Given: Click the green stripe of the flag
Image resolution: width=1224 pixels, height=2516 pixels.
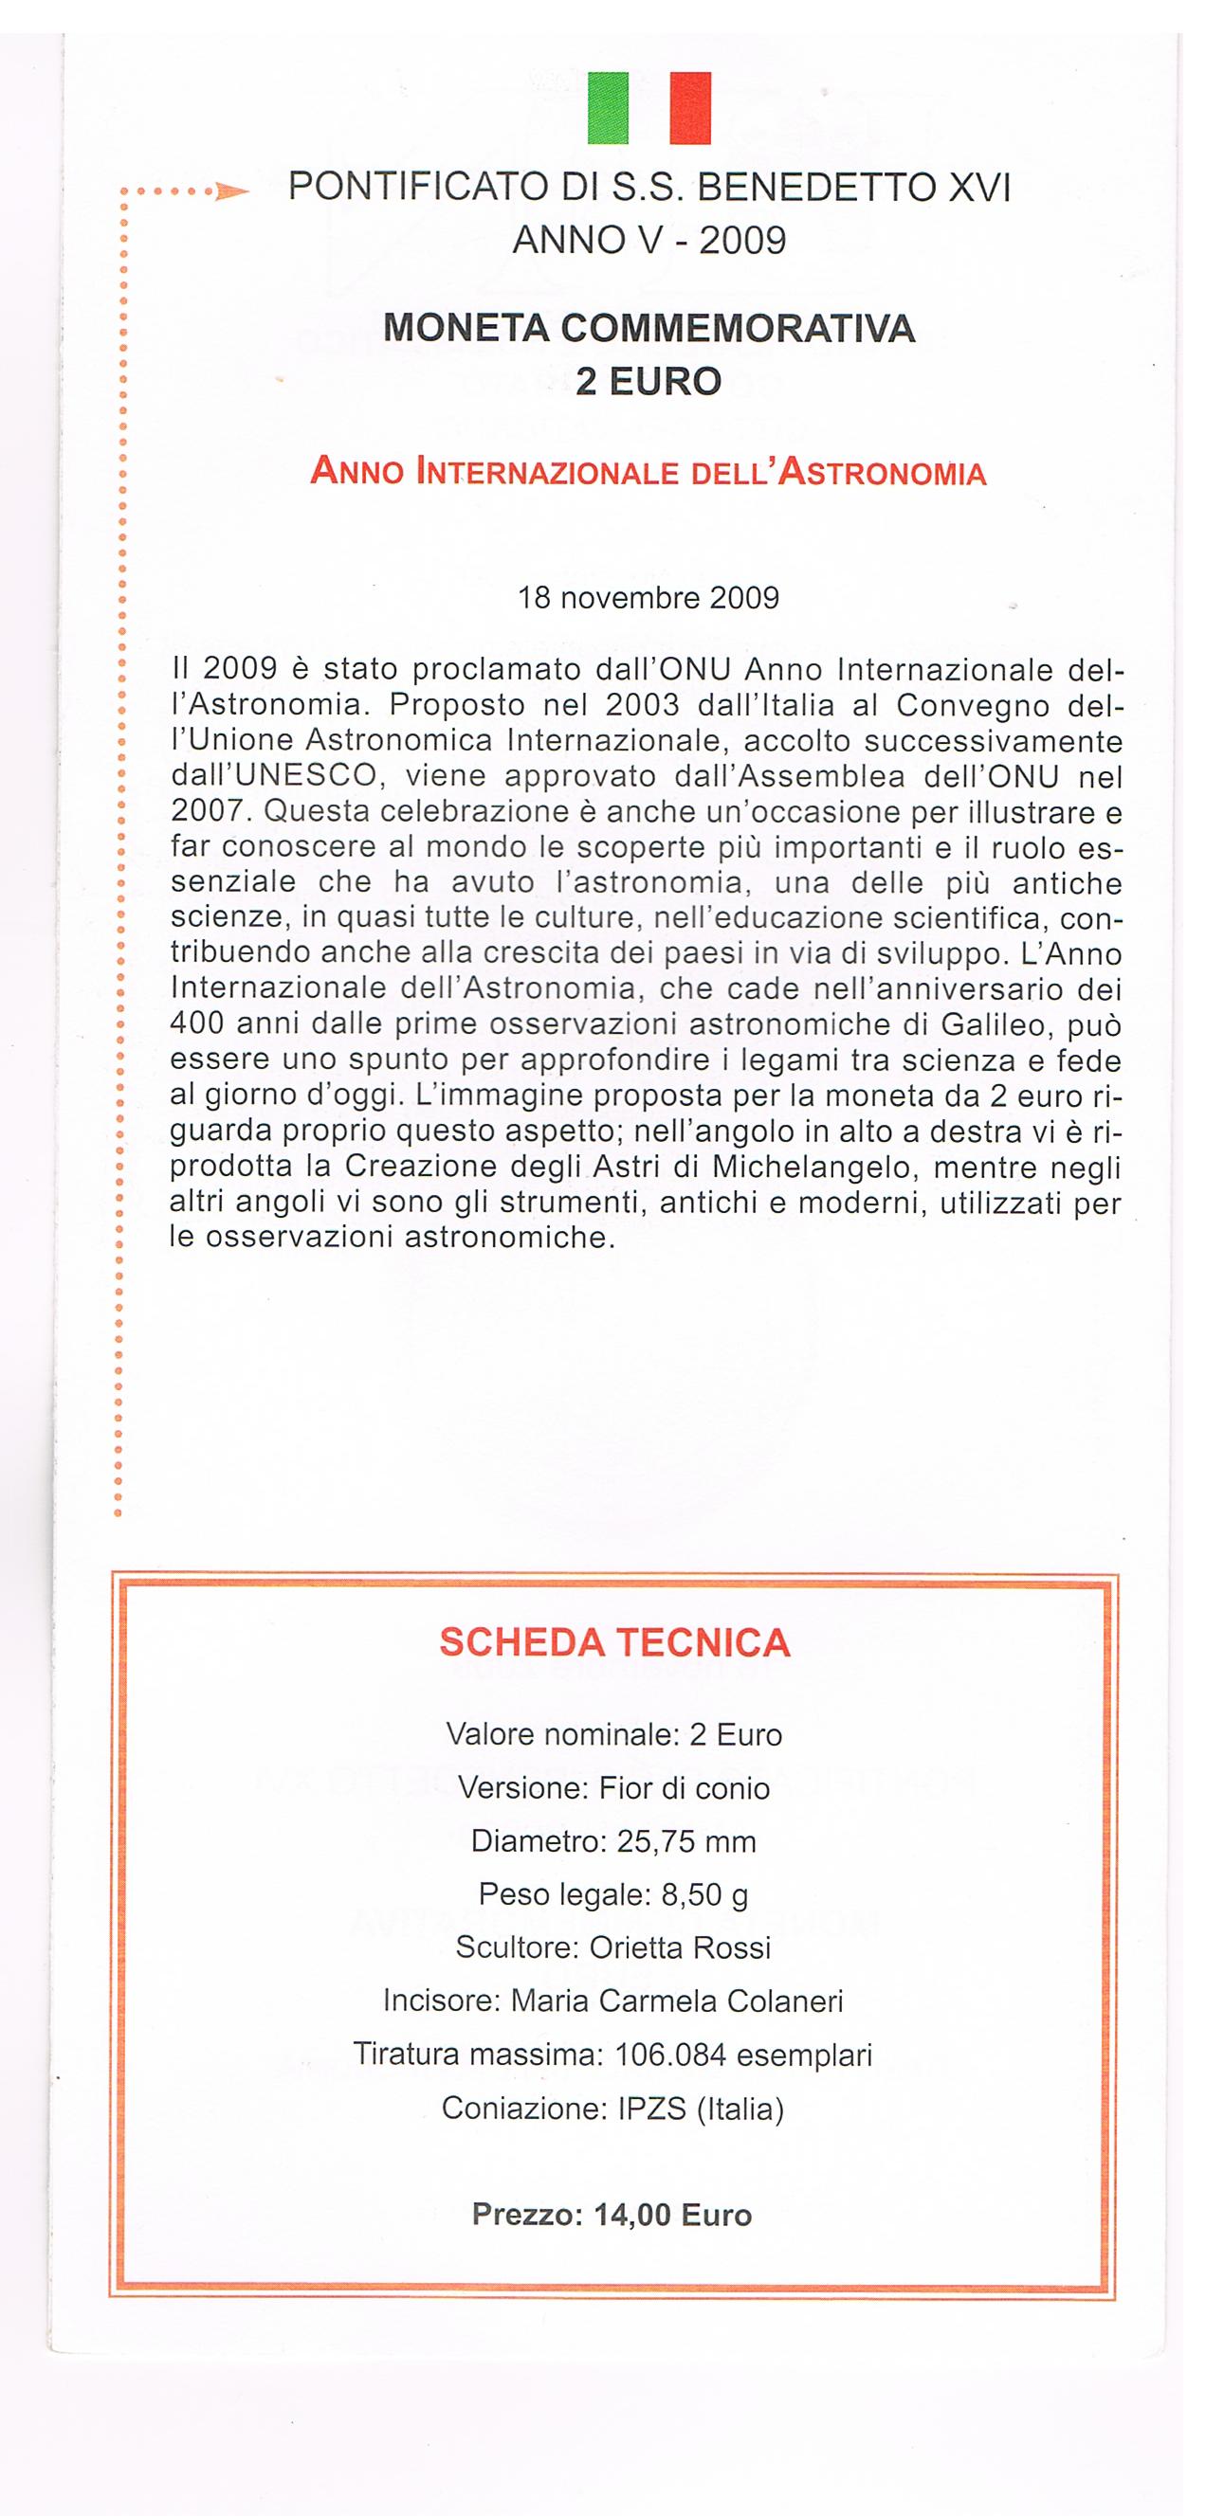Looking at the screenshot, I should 608,108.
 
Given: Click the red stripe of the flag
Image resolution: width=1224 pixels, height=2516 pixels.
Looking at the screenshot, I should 689,108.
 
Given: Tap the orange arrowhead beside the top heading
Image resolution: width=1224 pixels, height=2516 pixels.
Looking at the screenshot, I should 231,192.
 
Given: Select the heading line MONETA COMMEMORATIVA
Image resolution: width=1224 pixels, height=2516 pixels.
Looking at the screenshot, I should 649,328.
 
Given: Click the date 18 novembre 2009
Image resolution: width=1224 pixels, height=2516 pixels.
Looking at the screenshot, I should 649,598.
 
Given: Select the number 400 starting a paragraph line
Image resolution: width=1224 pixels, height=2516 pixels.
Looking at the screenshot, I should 197,1024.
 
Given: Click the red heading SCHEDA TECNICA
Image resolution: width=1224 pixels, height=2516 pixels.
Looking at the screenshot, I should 614,1643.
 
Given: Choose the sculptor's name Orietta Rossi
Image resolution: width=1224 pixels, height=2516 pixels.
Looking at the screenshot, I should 680,1947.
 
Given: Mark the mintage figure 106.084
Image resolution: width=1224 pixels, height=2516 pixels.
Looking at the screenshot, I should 670,2055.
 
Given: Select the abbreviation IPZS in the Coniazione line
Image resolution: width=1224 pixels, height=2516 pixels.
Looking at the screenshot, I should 652,2109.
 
